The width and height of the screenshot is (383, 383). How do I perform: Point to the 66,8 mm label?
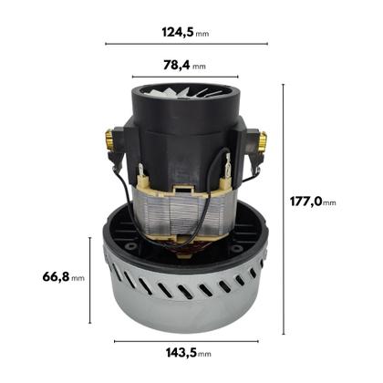[x=65, y=276]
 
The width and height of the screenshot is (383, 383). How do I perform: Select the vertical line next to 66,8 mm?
[x=90, y=278]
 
